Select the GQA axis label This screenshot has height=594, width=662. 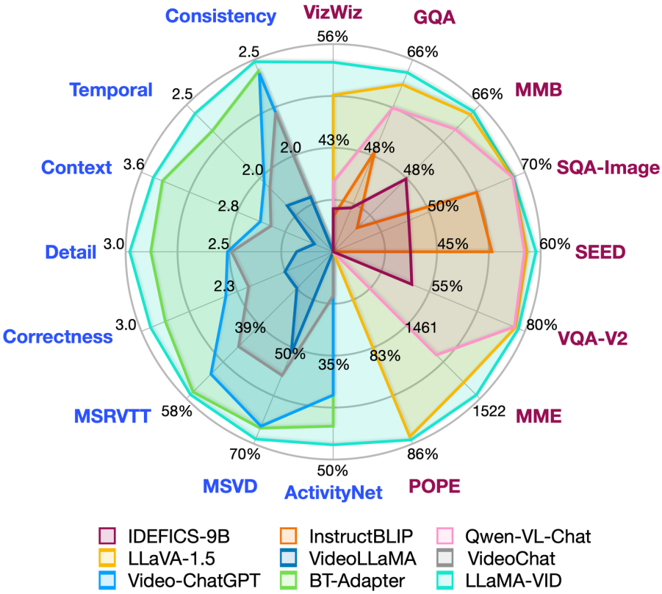click(434, 16)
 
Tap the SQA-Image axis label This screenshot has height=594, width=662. click(608, 168)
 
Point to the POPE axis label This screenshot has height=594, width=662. click(433, 486)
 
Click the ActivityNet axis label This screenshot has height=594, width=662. click(334, 492)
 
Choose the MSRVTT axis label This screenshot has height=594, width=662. click(112, 417)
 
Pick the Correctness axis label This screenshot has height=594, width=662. click(58, 337)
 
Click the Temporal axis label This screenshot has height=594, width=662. click(111, 90)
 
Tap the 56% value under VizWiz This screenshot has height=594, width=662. click(333, 37)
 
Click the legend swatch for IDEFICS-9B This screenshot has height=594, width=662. click(107, 534)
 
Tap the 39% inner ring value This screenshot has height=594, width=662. click(251, 327)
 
